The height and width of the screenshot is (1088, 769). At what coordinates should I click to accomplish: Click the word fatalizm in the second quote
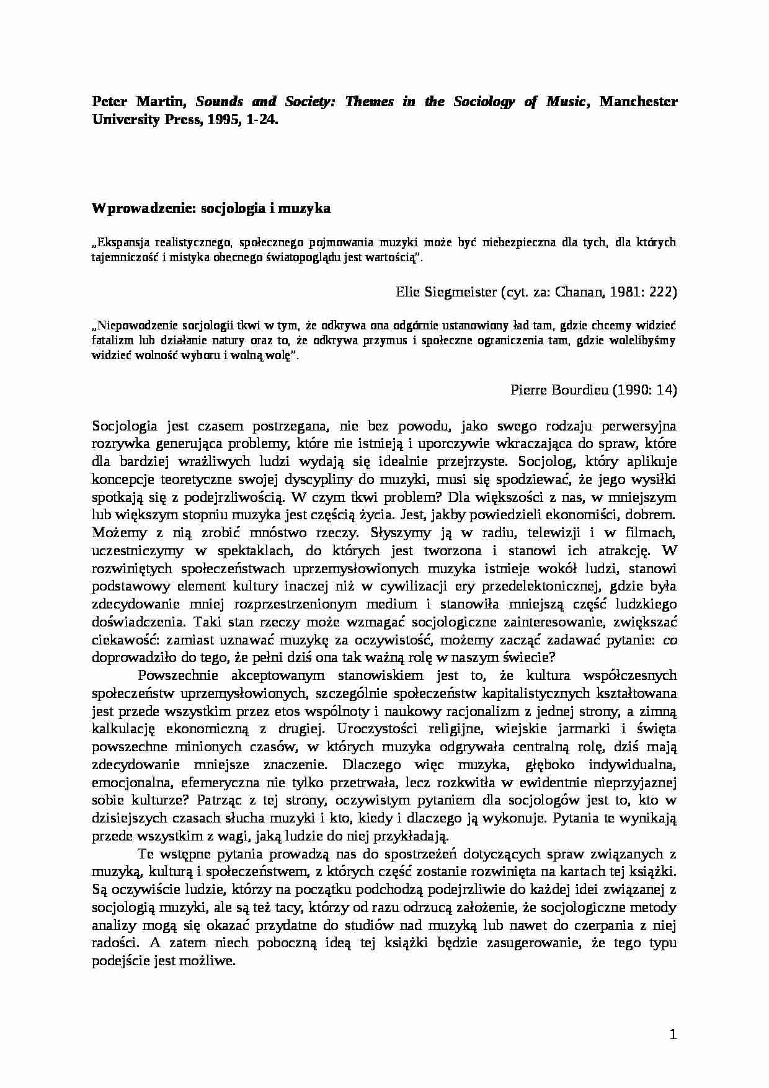[112, 340]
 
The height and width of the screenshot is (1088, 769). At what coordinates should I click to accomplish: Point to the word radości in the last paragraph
[111, 943]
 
